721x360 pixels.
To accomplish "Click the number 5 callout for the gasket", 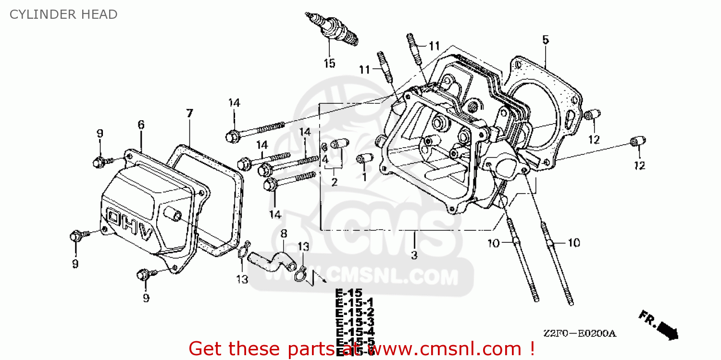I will (545, 40).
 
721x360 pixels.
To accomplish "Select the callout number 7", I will (189, 113).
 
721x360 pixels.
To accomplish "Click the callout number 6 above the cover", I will (141, 124).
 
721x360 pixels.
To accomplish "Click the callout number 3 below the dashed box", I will (414, 255).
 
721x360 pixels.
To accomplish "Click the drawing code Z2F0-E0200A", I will (580, 334).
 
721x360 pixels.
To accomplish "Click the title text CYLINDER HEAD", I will (63, 14).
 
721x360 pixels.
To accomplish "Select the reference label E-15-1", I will (354, 302).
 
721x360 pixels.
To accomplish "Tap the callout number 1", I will (364, 176).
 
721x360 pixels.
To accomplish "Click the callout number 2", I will (334, 182).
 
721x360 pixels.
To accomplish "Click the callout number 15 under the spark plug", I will (329, 63).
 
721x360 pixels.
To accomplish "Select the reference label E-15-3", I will (355, 322).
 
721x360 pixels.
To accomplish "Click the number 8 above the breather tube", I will (284, 234).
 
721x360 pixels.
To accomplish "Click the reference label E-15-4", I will (355, 332).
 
